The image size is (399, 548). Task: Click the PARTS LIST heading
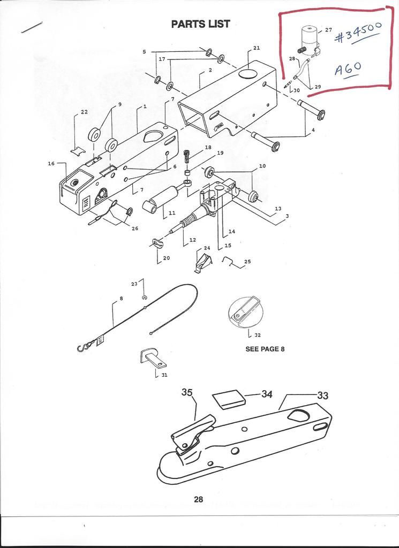coord(200,24)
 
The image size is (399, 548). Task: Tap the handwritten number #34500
coord(356,37)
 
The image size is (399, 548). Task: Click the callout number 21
coord(257,48)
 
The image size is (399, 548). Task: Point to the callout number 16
coord(51,164)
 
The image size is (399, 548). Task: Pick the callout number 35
coord(187,392)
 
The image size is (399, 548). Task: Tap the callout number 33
coord(322,395)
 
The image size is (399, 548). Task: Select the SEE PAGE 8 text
coord(265,349)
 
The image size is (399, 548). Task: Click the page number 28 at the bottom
coord(198,499)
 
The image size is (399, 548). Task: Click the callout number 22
coord(84,112)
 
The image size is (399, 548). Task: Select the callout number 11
coord(172,213)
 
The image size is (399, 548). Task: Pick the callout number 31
coord(164,375)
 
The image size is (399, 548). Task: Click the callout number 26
coord(134,229)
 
